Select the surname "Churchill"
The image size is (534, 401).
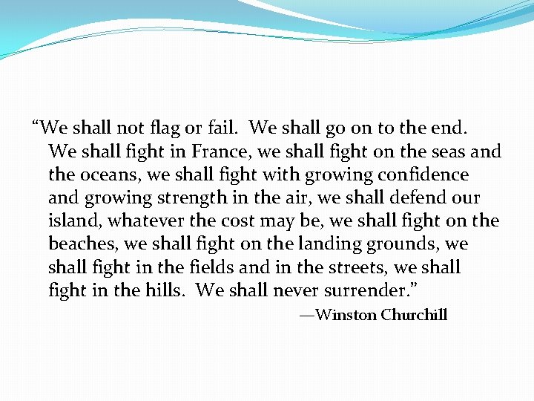point(414,315)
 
